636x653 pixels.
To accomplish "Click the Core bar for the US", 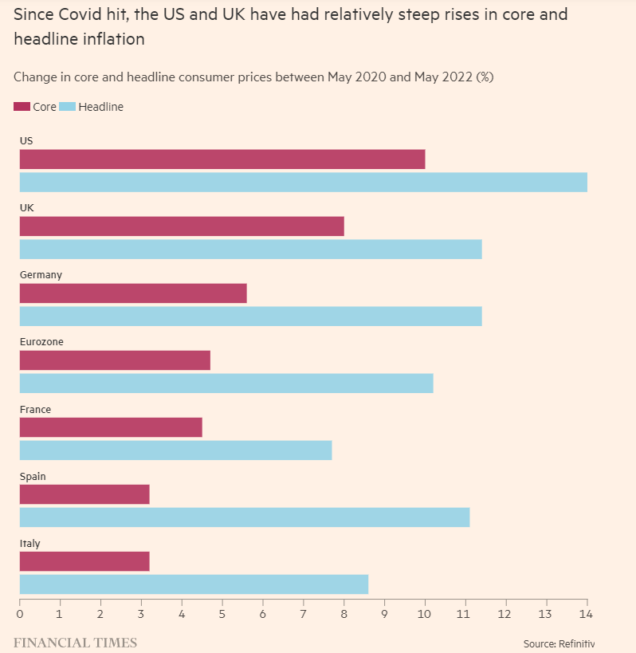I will (222, 159).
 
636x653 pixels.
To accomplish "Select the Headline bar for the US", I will (303, 182).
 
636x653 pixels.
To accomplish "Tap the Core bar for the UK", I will (182, 226).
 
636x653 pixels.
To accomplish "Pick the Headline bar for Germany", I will (250, 316).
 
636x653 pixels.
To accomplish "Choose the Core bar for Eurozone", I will (115, 360).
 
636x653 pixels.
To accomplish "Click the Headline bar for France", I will (175, 450).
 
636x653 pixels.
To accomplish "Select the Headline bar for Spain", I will (244, 517).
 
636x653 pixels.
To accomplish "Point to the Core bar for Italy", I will (84, 562).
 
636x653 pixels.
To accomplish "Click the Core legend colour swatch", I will (22, 107).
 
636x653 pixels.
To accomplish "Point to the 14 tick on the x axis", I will (587, 615).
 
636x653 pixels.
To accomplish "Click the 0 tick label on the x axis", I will (20, 615).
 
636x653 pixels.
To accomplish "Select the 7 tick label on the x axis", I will (303, 615).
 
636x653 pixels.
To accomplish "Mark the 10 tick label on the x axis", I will (425, 615).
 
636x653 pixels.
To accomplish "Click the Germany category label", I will (41, 275).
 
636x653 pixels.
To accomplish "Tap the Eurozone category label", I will (41, 342).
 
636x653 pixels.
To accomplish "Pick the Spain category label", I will (33, 476).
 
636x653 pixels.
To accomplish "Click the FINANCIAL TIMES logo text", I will (75, 643).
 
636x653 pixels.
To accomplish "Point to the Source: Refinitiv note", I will (559, 643).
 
